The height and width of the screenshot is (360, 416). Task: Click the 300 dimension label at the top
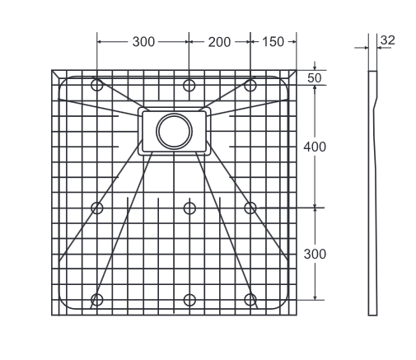click(x=143, y=40)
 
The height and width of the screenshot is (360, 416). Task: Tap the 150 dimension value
click(x=273, y=40)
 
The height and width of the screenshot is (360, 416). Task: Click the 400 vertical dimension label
click(x=316, y=147)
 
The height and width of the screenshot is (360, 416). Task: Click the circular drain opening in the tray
click(x=174, y=131)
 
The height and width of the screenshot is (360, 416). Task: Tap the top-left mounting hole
click(x=97, y=85)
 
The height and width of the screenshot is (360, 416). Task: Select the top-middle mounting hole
click(x=189, y=85)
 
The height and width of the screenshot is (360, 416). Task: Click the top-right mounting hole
click(x=250, y=85)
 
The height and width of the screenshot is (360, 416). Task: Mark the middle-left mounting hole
click(x=97, y=208)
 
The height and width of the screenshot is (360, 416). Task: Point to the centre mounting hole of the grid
click(x=189, y=208)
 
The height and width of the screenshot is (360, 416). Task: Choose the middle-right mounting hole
click(x=250, y=208)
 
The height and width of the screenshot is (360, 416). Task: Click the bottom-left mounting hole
click(x=97, y=299)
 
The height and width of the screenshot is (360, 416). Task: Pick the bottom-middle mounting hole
click(x=189, y=299)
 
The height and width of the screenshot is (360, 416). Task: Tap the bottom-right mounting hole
click(x=250, y=299)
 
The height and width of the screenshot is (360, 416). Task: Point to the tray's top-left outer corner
click(x=52, y=70)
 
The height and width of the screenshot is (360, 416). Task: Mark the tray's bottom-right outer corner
click(x=295, y=315)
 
